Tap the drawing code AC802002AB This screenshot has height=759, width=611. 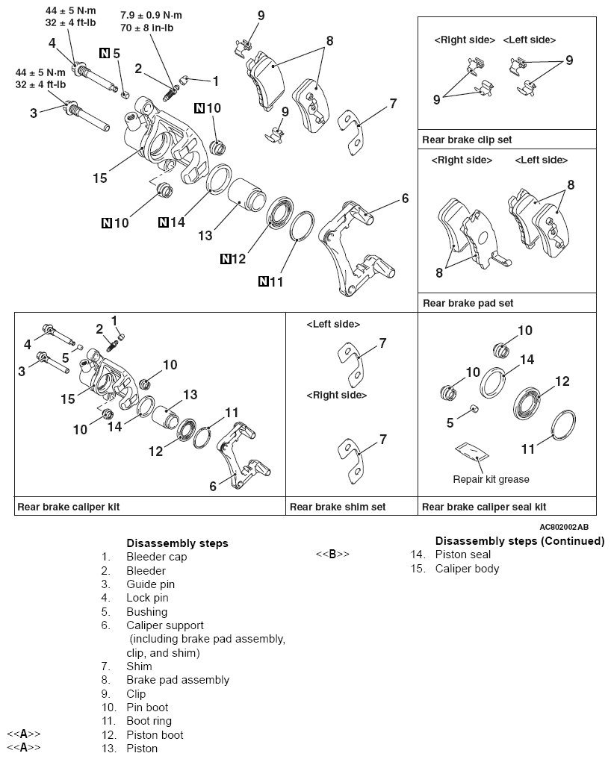tap(568, 525)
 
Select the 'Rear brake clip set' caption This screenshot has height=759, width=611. tap(467, 140)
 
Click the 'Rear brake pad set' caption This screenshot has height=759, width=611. tap(468, 303)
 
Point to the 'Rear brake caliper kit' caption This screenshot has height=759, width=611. tap(68, 507)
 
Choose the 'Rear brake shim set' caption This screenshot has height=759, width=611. tap(338, 507)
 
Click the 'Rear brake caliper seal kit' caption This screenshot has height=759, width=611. tap(484, 507)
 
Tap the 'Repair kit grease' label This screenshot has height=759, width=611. tap(490, 479)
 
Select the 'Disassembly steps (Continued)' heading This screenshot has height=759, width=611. tap(519, 541)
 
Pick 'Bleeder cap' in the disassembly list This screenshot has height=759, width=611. tap(156, 557)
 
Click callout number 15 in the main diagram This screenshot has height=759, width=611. tap(100, 178)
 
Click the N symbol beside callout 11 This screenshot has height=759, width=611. tap(263, 281)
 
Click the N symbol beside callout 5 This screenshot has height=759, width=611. tap(104, 52)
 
